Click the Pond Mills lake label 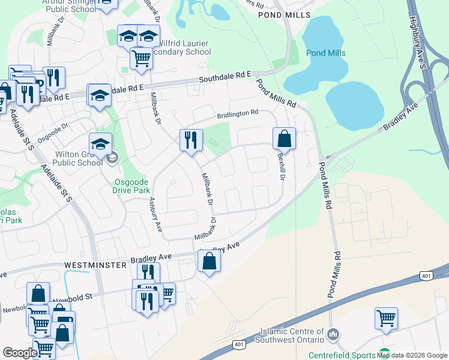[326, 53]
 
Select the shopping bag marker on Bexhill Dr [284, 139]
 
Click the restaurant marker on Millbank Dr [191, 140]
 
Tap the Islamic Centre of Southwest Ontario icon [335, 332]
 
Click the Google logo [19, 353]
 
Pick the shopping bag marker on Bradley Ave [209, 261]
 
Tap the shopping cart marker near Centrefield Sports [386, 318]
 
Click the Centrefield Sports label [342, 355]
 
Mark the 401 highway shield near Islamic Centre [239, 344]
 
